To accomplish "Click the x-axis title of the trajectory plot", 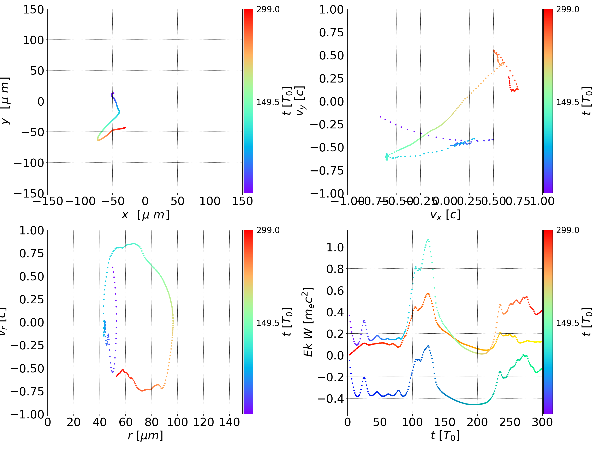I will click(145, 215).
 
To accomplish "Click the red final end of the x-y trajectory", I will click(125, 128).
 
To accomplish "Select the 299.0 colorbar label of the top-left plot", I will click(268, 10).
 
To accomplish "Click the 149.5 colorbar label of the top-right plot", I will click(567, 102).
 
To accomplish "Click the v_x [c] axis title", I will click(445, 215).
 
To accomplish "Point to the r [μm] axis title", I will click(145, 436).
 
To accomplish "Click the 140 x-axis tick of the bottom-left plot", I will click(229, 422).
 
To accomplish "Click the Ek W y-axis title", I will click(308, 322).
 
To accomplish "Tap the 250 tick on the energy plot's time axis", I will click(510, 422).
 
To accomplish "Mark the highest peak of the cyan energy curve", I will click(428, 239).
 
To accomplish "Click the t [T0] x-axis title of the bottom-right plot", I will click(445, 436).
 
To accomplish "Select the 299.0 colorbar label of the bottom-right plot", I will click(567, 230).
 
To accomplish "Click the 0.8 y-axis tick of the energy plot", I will click(335, 269).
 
